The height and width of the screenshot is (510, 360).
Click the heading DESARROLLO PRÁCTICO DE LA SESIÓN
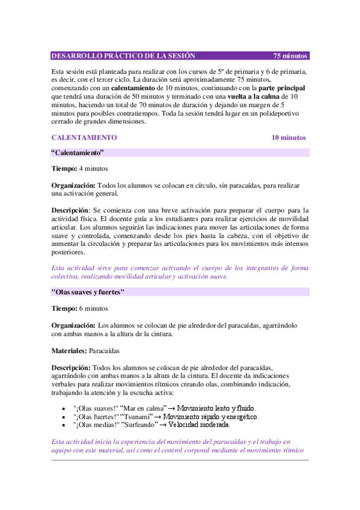(x=123, y=56)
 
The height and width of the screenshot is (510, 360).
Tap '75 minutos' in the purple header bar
(x=290, y=56)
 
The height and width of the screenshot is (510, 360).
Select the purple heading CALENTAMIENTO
(x=84, y=138)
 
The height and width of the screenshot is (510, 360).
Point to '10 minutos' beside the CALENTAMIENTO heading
(x=288, y=138)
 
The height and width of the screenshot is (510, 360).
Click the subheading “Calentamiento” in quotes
(x=78, y=153)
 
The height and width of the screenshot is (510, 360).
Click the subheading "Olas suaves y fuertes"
(x=88, y=293)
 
